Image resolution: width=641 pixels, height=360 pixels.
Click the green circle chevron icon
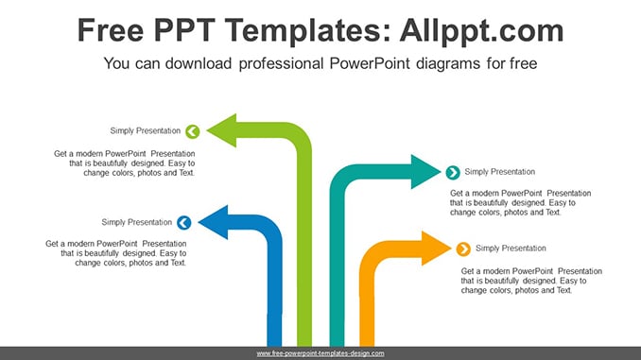click(x=193, y=131)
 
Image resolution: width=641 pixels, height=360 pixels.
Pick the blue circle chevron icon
click(x=184, y=223)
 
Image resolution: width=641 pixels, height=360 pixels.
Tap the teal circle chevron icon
click(x=453, y=172)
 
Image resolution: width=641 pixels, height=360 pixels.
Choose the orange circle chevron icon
click(x=463, y=249)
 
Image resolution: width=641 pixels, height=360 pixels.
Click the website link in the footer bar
click(x=320, y=353)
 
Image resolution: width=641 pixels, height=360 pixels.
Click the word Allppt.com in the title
click(x=481, y=30)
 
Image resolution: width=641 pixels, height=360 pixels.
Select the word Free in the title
click(x=111, y=30)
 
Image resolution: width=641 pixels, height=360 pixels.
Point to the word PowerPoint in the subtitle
click(x=369, y=63)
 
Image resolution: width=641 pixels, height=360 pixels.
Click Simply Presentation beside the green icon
click(x=146, y=130)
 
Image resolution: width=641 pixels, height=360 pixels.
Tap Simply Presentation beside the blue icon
click(x=136, y=222)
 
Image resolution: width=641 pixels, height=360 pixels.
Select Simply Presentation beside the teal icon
click(x=499, y=172)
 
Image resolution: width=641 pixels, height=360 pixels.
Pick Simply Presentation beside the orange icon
click(x=511, y=249)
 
